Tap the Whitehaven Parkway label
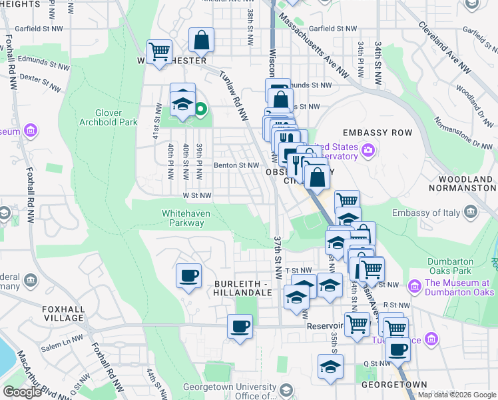(x=183, y=218)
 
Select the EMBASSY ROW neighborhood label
(x=377, y=133)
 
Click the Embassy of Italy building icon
(x=470, y=213)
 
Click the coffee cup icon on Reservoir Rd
(x=240, y=327)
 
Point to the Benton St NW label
(x=236, y=165)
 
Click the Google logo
(x=23, y=392)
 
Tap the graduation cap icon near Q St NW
(x=330, y=367)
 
